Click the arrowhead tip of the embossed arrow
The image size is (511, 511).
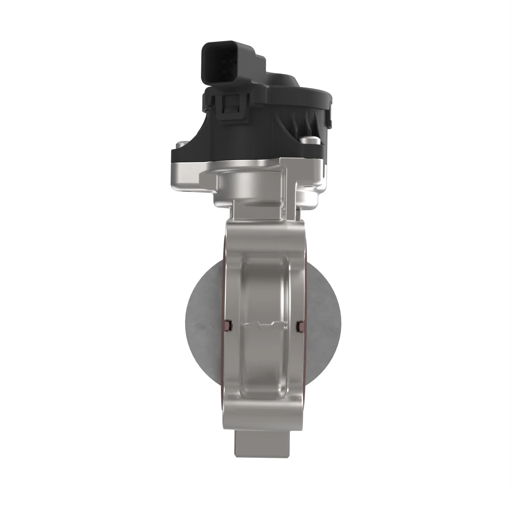246,326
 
